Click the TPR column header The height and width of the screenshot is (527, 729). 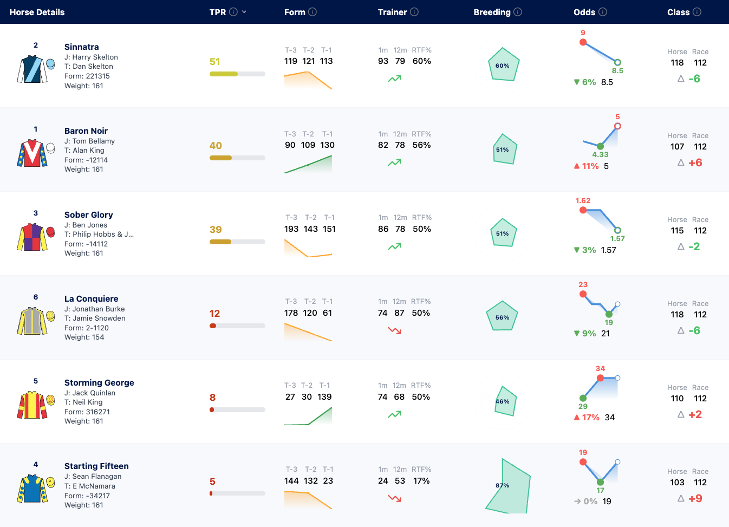point(217,12)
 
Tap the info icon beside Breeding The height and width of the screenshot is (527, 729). point(518,12)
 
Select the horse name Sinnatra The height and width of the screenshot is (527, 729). point(81,47)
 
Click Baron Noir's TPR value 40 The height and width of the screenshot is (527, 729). point(216,146)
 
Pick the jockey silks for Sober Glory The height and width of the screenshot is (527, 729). point(32,237)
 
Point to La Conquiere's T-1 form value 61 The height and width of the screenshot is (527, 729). point(327,313)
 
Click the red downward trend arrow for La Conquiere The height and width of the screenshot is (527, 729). point(394,331)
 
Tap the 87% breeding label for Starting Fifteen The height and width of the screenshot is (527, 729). point(502,485)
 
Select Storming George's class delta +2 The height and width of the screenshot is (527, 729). point(695,414)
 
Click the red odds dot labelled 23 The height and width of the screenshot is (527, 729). point(583,294)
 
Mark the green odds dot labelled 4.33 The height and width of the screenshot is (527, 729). point(601,146)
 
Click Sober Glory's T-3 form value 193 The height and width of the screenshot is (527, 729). point(291,229)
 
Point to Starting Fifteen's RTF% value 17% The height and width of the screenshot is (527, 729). point(421,481)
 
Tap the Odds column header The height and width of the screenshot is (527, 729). point(584,12)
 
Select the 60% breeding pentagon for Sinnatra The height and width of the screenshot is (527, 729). point(504,64)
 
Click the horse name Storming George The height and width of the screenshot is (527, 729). point(99,382)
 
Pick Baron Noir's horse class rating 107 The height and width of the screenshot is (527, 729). point(677,146)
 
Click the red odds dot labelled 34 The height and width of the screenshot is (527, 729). point(601,378)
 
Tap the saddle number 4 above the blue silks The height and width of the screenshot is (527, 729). point(36,464)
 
